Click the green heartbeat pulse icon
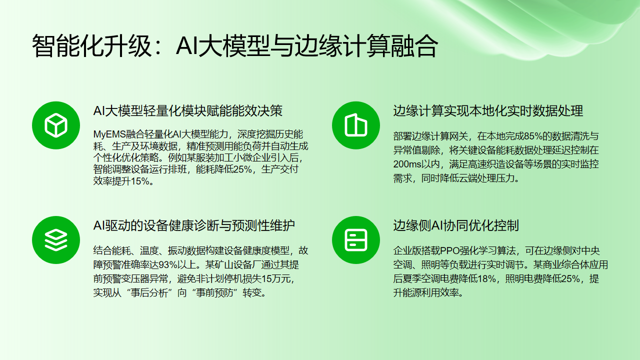tap(51, 240)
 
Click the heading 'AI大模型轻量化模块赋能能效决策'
tap(187, 110)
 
